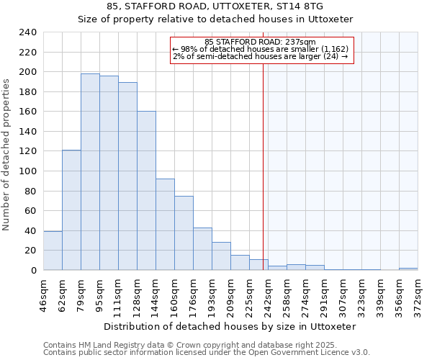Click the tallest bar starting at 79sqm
(x=90, y=172)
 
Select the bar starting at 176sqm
(x=202, y=249)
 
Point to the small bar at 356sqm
(x=408, y=269)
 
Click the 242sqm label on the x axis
(x=269, y=294)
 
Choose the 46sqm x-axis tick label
(x=44, y=294)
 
